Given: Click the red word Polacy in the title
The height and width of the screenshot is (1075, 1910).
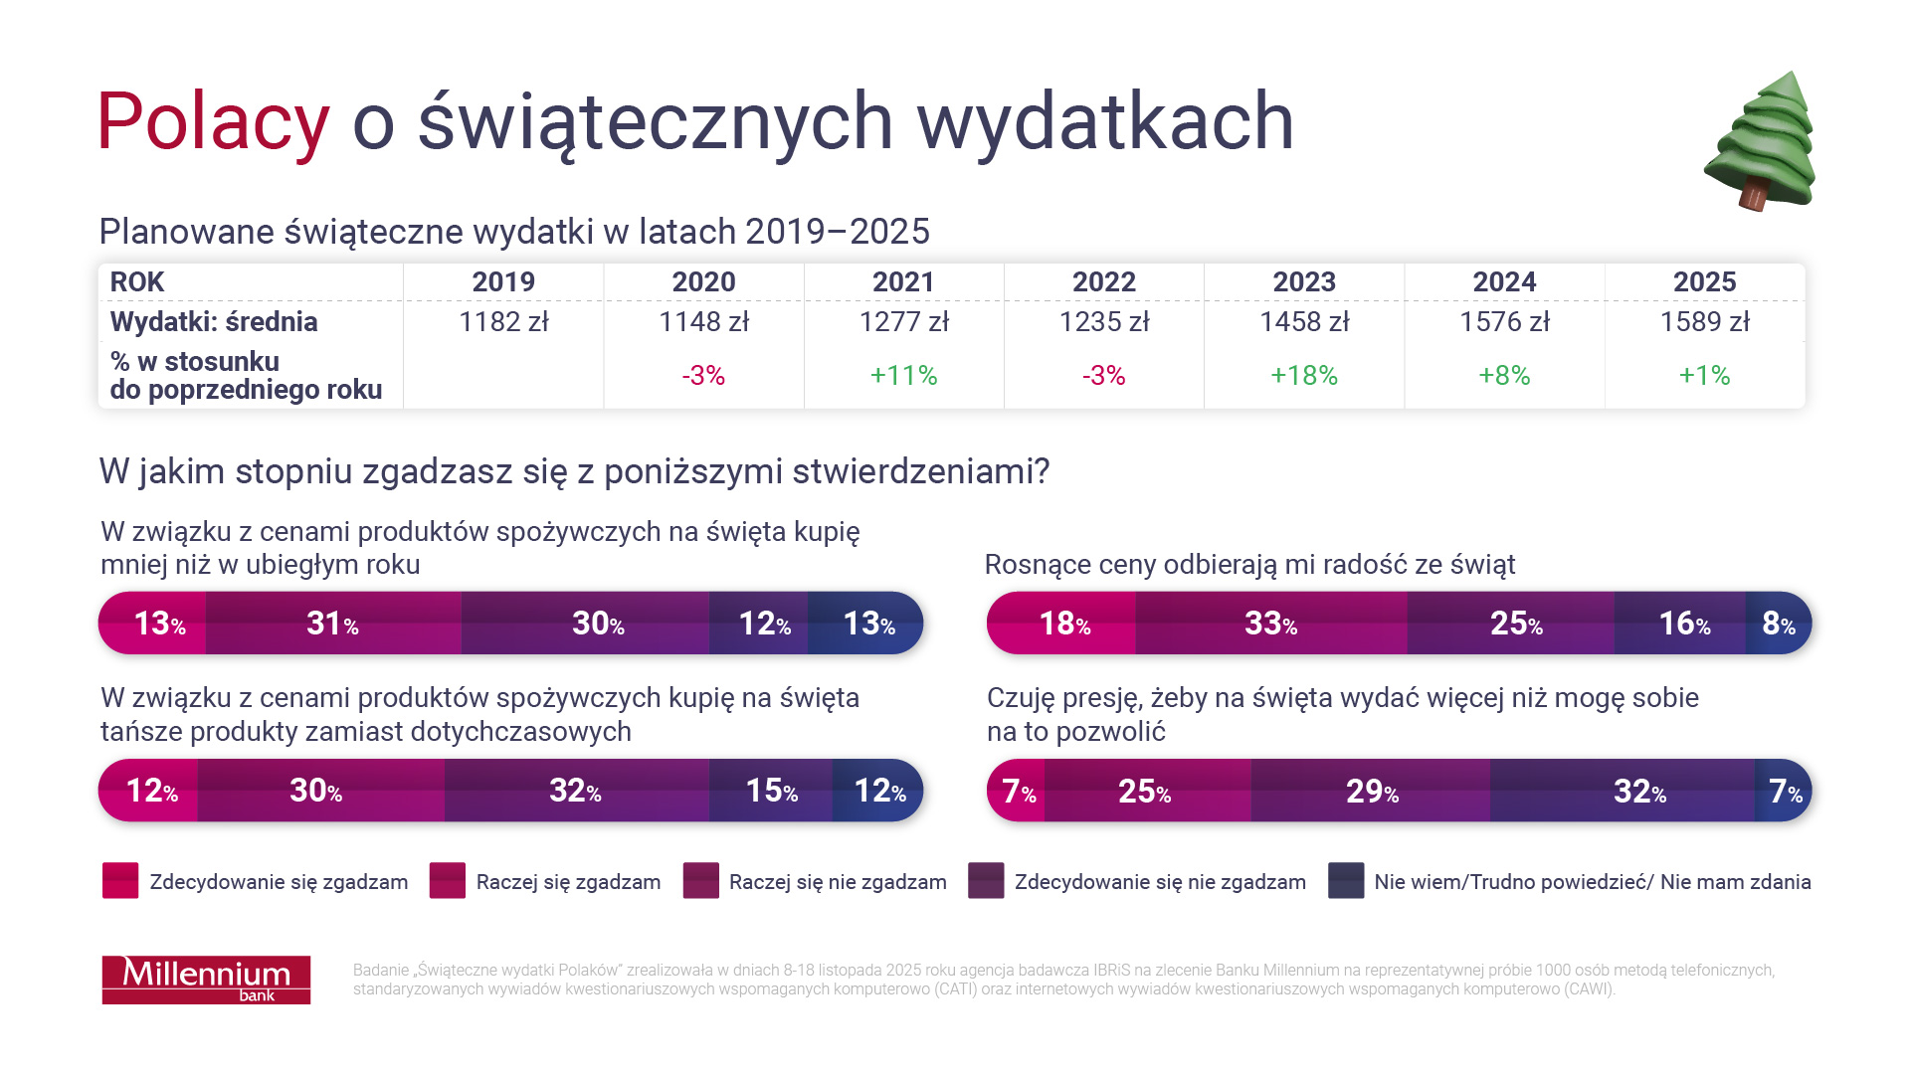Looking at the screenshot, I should click(x=213, y=122).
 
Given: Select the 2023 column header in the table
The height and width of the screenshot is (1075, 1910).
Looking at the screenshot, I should click(x=1303, y=282).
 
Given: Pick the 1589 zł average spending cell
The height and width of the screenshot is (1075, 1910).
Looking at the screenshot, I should click(x=1704, y=322).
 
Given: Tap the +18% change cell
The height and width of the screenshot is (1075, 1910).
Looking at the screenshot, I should click(x=1303, y=376).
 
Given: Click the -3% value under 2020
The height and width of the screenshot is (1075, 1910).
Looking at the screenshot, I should click(x=703, y=376).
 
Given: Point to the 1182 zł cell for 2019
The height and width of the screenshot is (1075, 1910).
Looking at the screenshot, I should click(x=503, y=322).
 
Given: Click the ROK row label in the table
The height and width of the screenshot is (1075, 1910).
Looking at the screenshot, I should click(x=137, y=282).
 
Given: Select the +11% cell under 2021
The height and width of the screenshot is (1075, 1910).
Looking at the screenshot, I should click(x=903, y=376).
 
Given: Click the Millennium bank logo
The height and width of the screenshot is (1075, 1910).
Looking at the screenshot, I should click(x=206, y=980).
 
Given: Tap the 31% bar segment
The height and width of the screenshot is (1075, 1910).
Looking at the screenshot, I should click(x=332, y=624).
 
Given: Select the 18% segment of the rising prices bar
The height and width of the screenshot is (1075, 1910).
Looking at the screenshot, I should click(x=1063, y=624).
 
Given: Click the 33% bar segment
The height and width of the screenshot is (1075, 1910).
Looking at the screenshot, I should click(x=1270, y=624).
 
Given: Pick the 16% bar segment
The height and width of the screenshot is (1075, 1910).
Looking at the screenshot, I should click(x=1683, y=624).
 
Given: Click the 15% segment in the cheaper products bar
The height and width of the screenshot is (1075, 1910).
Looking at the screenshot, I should click(x=771, y=791).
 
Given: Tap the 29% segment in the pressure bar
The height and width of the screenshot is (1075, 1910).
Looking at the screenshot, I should click(x=1371, y=791).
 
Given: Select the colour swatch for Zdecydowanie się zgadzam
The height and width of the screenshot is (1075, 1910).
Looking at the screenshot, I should click(x=120, y=881).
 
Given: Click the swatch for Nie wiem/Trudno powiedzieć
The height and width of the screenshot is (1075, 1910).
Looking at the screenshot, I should click(x=1345, y=881).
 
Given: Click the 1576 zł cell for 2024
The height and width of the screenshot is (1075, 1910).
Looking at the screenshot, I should click(x=1504, y=322).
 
